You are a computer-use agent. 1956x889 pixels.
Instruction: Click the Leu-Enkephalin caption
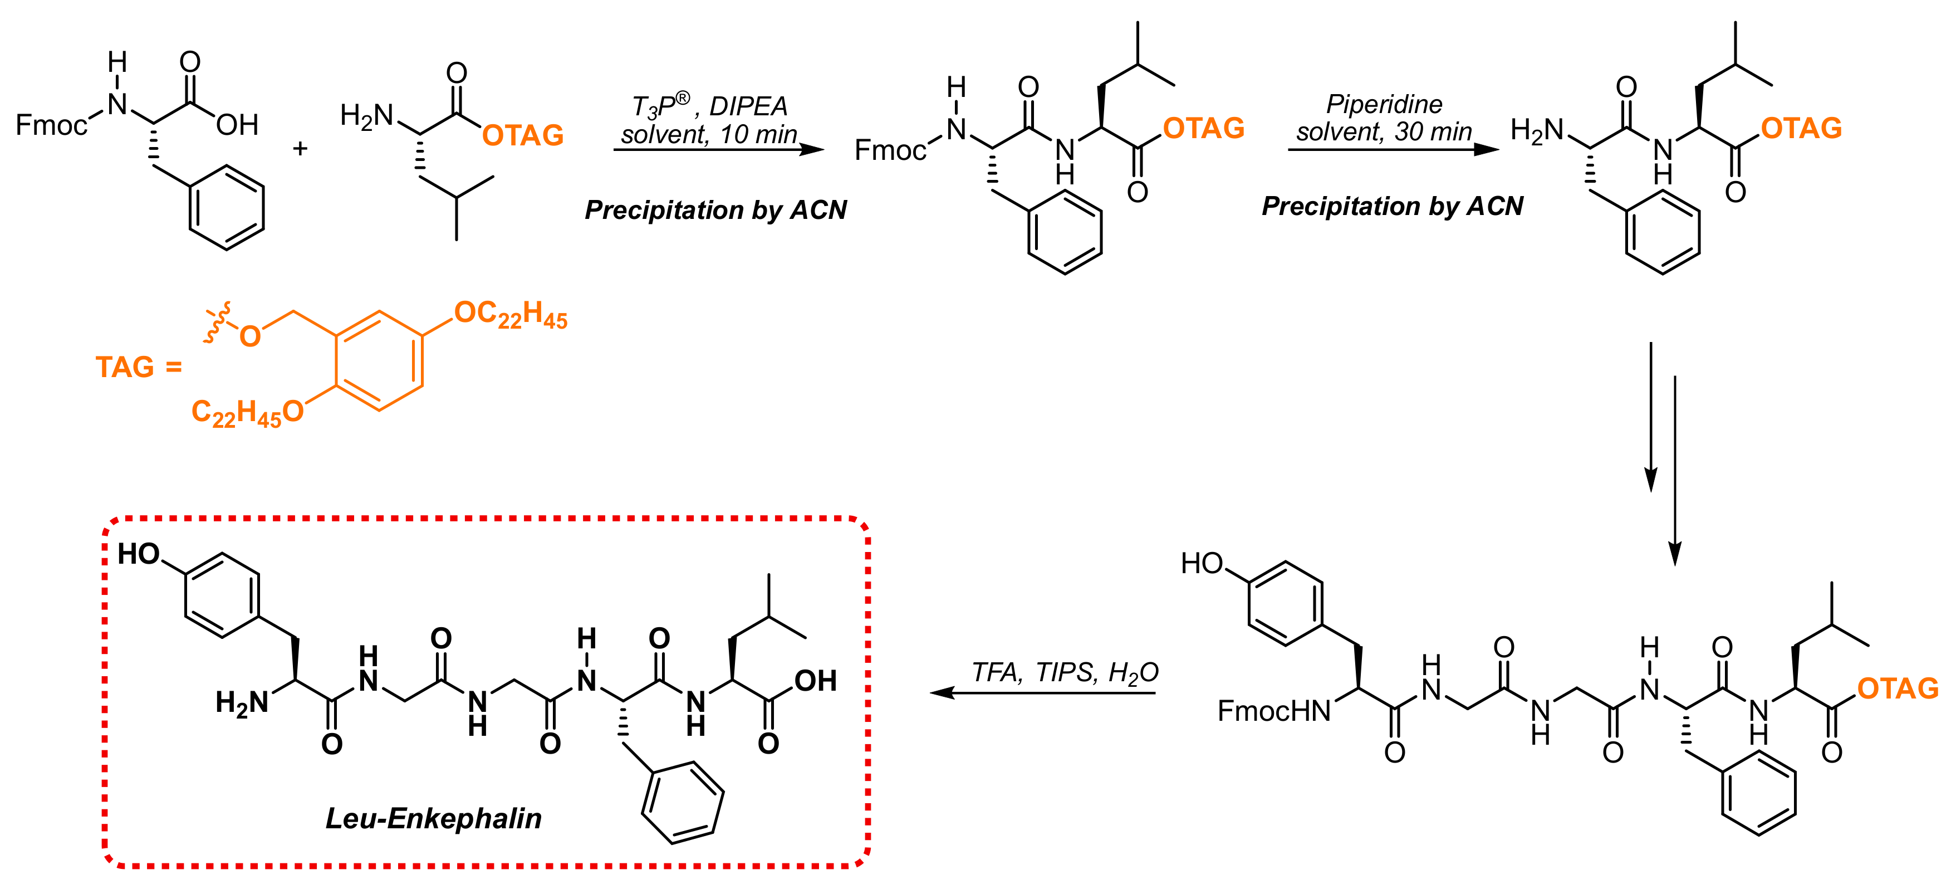(434, 818)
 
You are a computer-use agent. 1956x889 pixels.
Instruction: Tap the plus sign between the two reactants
(300, 148)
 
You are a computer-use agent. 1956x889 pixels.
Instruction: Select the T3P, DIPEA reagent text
(709, 106)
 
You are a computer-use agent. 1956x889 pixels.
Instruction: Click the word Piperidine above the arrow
(1384, 104)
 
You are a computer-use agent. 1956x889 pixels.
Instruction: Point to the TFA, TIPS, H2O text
(1065, 672)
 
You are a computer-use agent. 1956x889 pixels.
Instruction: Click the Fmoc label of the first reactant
(51, 125)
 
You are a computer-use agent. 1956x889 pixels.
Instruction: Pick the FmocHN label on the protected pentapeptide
(1273, 711)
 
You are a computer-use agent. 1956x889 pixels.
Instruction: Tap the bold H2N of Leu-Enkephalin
(242, 704)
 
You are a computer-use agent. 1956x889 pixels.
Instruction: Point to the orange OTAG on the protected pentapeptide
(1898, 688)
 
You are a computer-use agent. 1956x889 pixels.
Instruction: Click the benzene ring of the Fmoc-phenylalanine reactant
(226, 207)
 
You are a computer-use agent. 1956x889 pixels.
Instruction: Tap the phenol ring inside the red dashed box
(222, 595)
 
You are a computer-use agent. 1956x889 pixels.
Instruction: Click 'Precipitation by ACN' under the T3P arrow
(715, 209)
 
